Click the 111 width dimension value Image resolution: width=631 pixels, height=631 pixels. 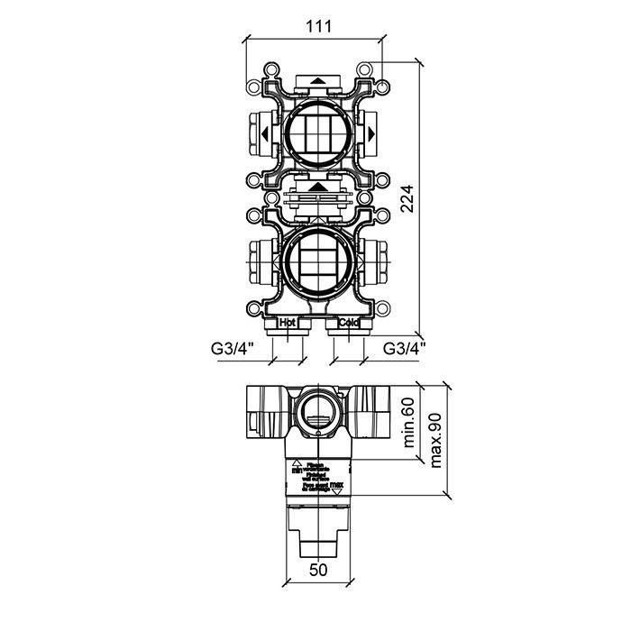(315, 26)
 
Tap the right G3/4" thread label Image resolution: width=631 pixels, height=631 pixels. (405, 347)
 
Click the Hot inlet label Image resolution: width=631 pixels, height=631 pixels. (288, 322)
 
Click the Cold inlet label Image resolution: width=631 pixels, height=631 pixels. (348, 322)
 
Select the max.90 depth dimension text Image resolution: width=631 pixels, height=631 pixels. (436, 439)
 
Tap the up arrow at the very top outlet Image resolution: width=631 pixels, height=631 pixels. (317, 81)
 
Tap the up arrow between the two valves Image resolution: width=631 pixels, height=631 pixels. (317, 187)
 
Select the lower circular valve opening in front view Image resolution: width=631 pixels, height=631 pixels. (315, 262)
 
